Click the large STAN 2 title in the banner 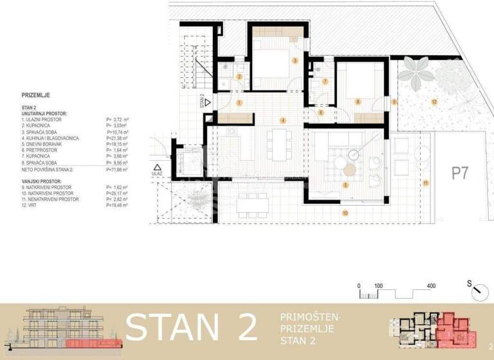tap(191, 327)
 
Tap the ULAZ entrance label tap(157, 174)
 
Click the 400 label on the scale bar tap(430, 285)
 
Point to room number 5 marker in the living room tap(345, 185)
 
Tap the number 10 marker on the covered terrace tap(345, 212)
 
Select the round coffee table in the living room tap(349, 170)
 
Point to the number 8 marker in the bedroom tap(358, 102)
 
